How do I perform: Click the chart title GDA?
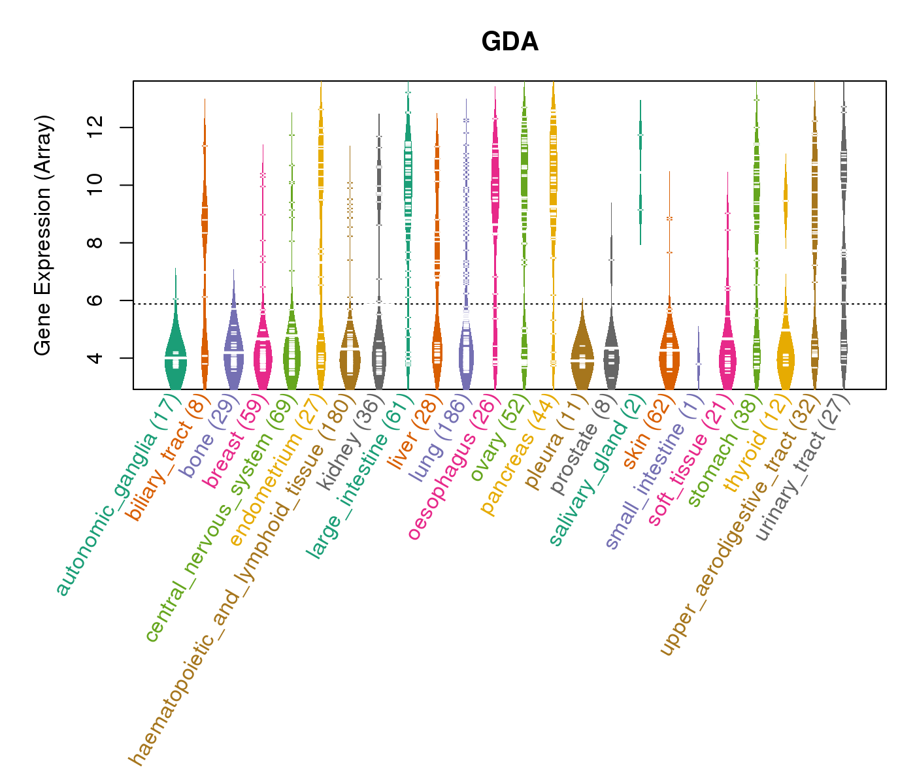click(510, 42)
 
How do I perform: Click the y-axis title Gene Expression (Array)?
click(43, 235)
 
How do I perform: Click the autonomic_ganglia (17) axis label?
click(118, 496)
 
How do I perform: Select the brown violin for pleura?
click(582, 359)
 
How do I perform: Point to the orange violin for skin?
click(669, 353)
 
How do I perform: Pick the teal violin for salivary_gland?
click(640, 131)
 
